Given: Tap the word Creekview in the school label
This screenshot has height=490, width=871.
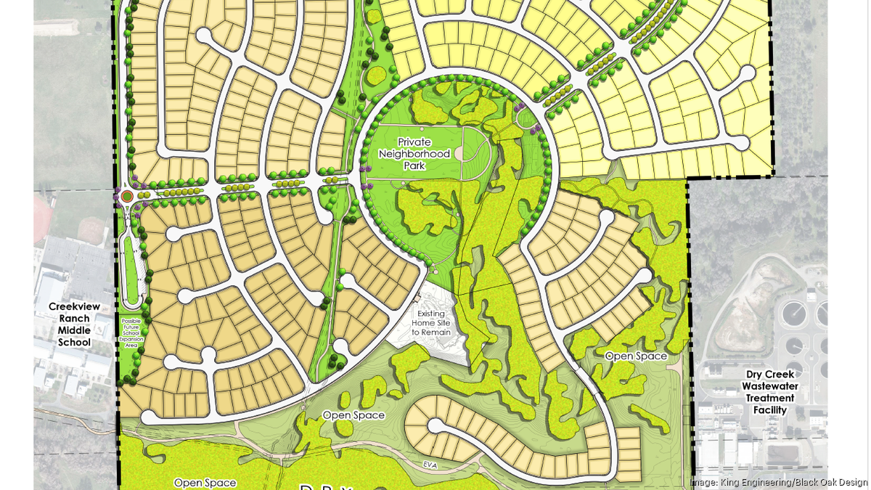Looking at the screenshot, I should [70, 306].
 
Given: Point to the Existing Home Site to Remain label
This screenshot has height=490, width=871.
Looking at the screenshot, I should [431, 323].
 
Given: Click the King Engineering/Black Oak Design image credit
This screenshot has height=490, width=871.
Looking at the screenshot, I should [778, 482].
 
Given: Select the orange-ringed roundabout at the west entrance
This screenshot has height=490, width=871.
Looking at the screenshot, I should [127, 195].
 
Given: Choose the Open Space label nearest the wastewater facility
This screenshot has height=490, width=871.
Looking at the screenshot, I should [636, 356].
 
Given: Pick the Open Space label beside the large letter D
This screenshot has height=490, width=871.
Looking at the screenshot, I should [205, 482].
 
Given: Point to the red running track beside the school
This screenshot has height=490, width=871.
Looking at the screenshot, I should [40, 218].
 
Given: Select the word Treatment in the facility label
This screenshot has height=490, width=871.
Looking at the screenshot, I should [769, 398].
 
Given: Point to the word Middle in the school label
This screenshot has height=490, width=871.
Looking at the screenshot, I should [70, 330].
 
